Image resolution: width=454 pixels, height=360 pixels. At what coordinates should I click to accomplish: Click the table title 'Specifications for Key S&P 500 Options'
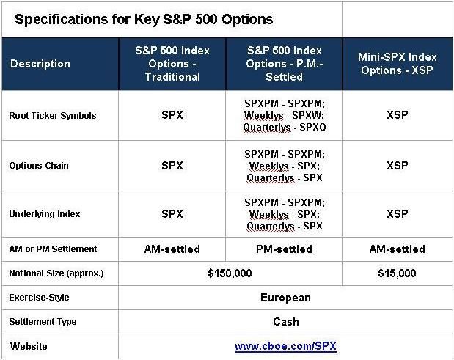144,20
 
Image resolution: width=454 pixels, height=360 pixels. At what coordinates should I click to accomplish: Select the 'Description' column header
40,64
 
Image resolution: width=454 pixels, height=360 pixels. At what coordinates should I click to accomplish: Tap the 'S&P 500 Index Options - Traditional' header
172,64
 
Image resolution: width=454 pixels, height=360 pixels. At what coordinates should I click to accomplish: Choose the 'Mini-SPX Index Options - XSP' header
398,64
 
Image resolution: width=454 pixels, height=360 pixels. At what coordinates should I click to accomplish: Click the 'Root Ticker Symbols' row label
52,115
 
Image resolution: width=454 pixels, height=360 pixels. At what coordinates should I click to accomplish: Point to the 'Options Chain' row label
39,166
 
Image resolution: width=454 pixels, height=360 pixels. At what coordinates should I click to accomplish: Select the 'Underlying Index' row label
45,214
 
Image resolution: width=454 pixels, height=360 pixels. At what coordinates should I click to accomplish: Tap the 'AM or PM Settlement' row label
53,249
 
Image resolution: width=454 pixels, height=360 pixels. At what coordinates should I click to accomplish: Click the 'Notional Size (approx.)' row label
56,273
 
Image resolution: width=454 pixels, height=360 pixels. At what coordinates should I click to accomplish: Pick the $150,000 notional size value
230,273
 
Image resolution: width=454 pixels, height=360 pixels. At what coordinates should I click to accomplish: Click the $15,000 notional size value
397,273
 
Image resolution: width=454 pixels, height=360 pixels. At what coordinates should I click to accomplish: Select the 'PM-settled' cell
284,249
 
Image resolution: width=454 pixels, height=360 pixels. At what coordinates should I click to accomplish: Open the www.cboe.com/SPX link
285,346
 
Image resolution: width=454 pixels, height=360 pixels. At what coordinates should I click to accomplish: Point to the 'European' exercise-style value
285,298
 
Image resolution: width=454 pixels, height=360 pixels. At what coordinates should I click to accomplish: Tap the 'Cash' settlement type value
286,322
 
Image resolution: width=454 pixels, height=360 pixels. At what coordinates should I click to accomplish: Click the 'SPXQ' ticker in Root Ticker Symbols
312,127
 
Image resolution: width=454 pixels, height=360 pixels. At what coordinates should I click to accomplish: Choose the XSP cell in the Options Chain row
398,166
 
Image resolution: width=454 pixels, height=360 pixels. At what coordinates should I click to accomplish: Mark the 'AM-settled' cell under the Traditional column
172,249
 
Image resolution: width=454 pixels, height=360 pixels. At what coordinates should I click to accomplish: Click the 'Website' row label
29,346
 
